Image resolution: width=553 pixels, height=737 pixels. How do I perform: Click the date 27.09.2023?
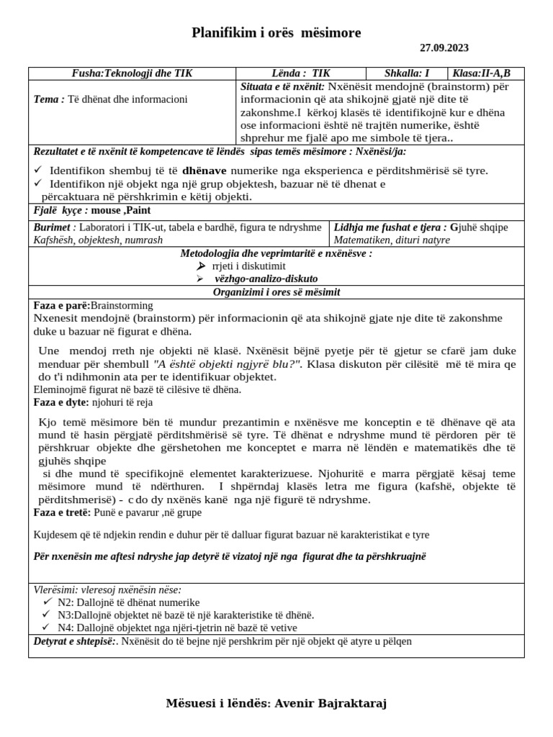point(444,48)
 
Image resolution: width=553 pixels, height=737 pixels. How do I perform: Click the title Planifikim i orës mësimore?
point(276,32)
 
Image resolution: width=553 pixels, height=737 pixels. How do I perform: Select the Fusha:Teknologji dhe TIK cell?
point(132,73)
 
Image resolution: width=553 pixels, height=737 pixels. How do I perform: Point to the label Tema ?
point(49,99)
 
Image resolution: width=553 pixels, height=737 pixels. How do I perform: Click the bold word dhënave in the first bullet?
point(204,171)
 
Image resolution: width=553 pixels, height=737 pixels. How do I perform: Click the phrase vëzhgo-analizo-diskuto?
point(266,279)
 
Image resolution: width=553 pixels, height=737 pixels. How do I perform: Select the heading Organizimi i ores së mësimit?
point(276,291)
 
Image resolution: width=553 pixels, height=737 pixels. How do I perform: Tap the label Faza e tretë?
point(62,512)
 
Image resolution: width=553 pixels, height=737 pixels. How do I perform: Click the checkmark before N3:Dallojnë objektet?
point(48,615)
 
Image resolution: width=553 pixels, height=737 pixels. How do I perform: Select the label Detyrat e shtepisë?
point(74,641)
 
